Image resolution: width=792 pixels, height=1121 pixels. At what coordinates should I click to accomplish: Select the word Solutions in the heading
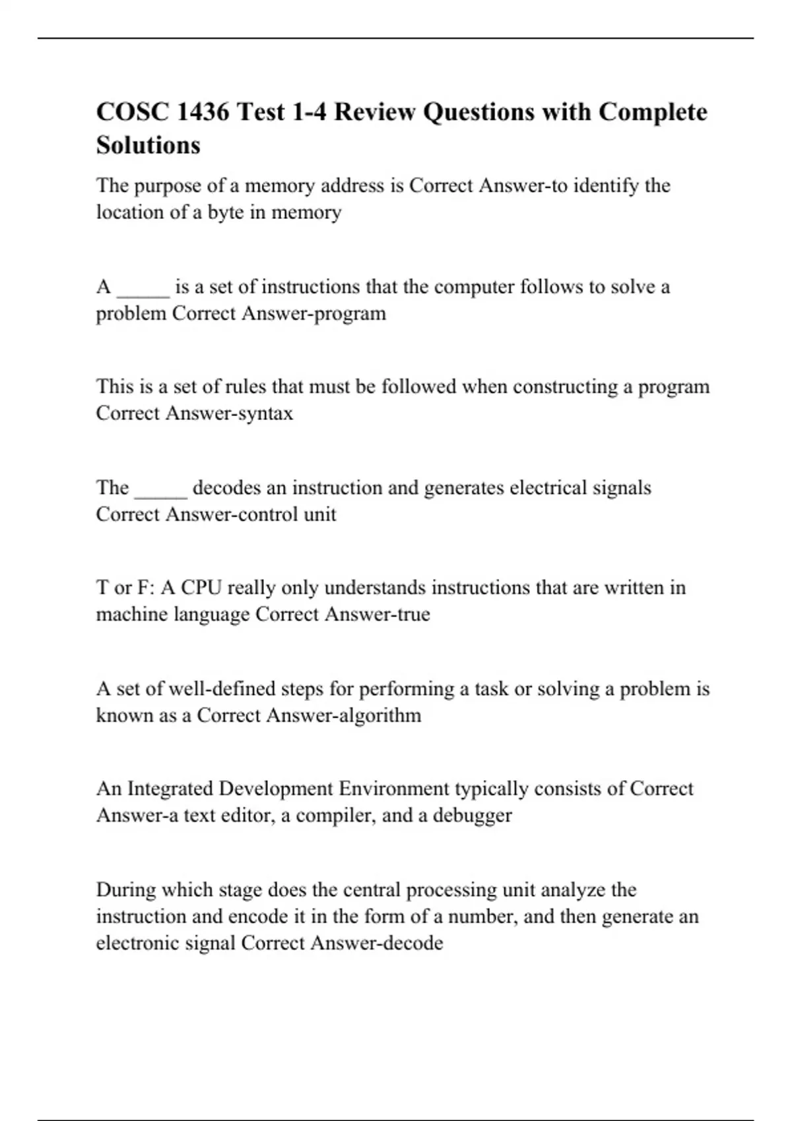[x=148, y=145]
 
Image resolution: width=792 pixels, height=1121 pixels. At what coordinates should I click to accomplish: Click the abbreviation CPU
[x=201, y=588]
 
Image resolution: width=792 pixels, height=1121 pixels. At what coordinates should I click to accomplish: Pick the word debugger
[x=473, y=816]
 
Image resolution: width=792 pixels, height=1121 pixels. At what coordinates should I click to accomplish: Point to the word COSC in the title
[x=132, y=112]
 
